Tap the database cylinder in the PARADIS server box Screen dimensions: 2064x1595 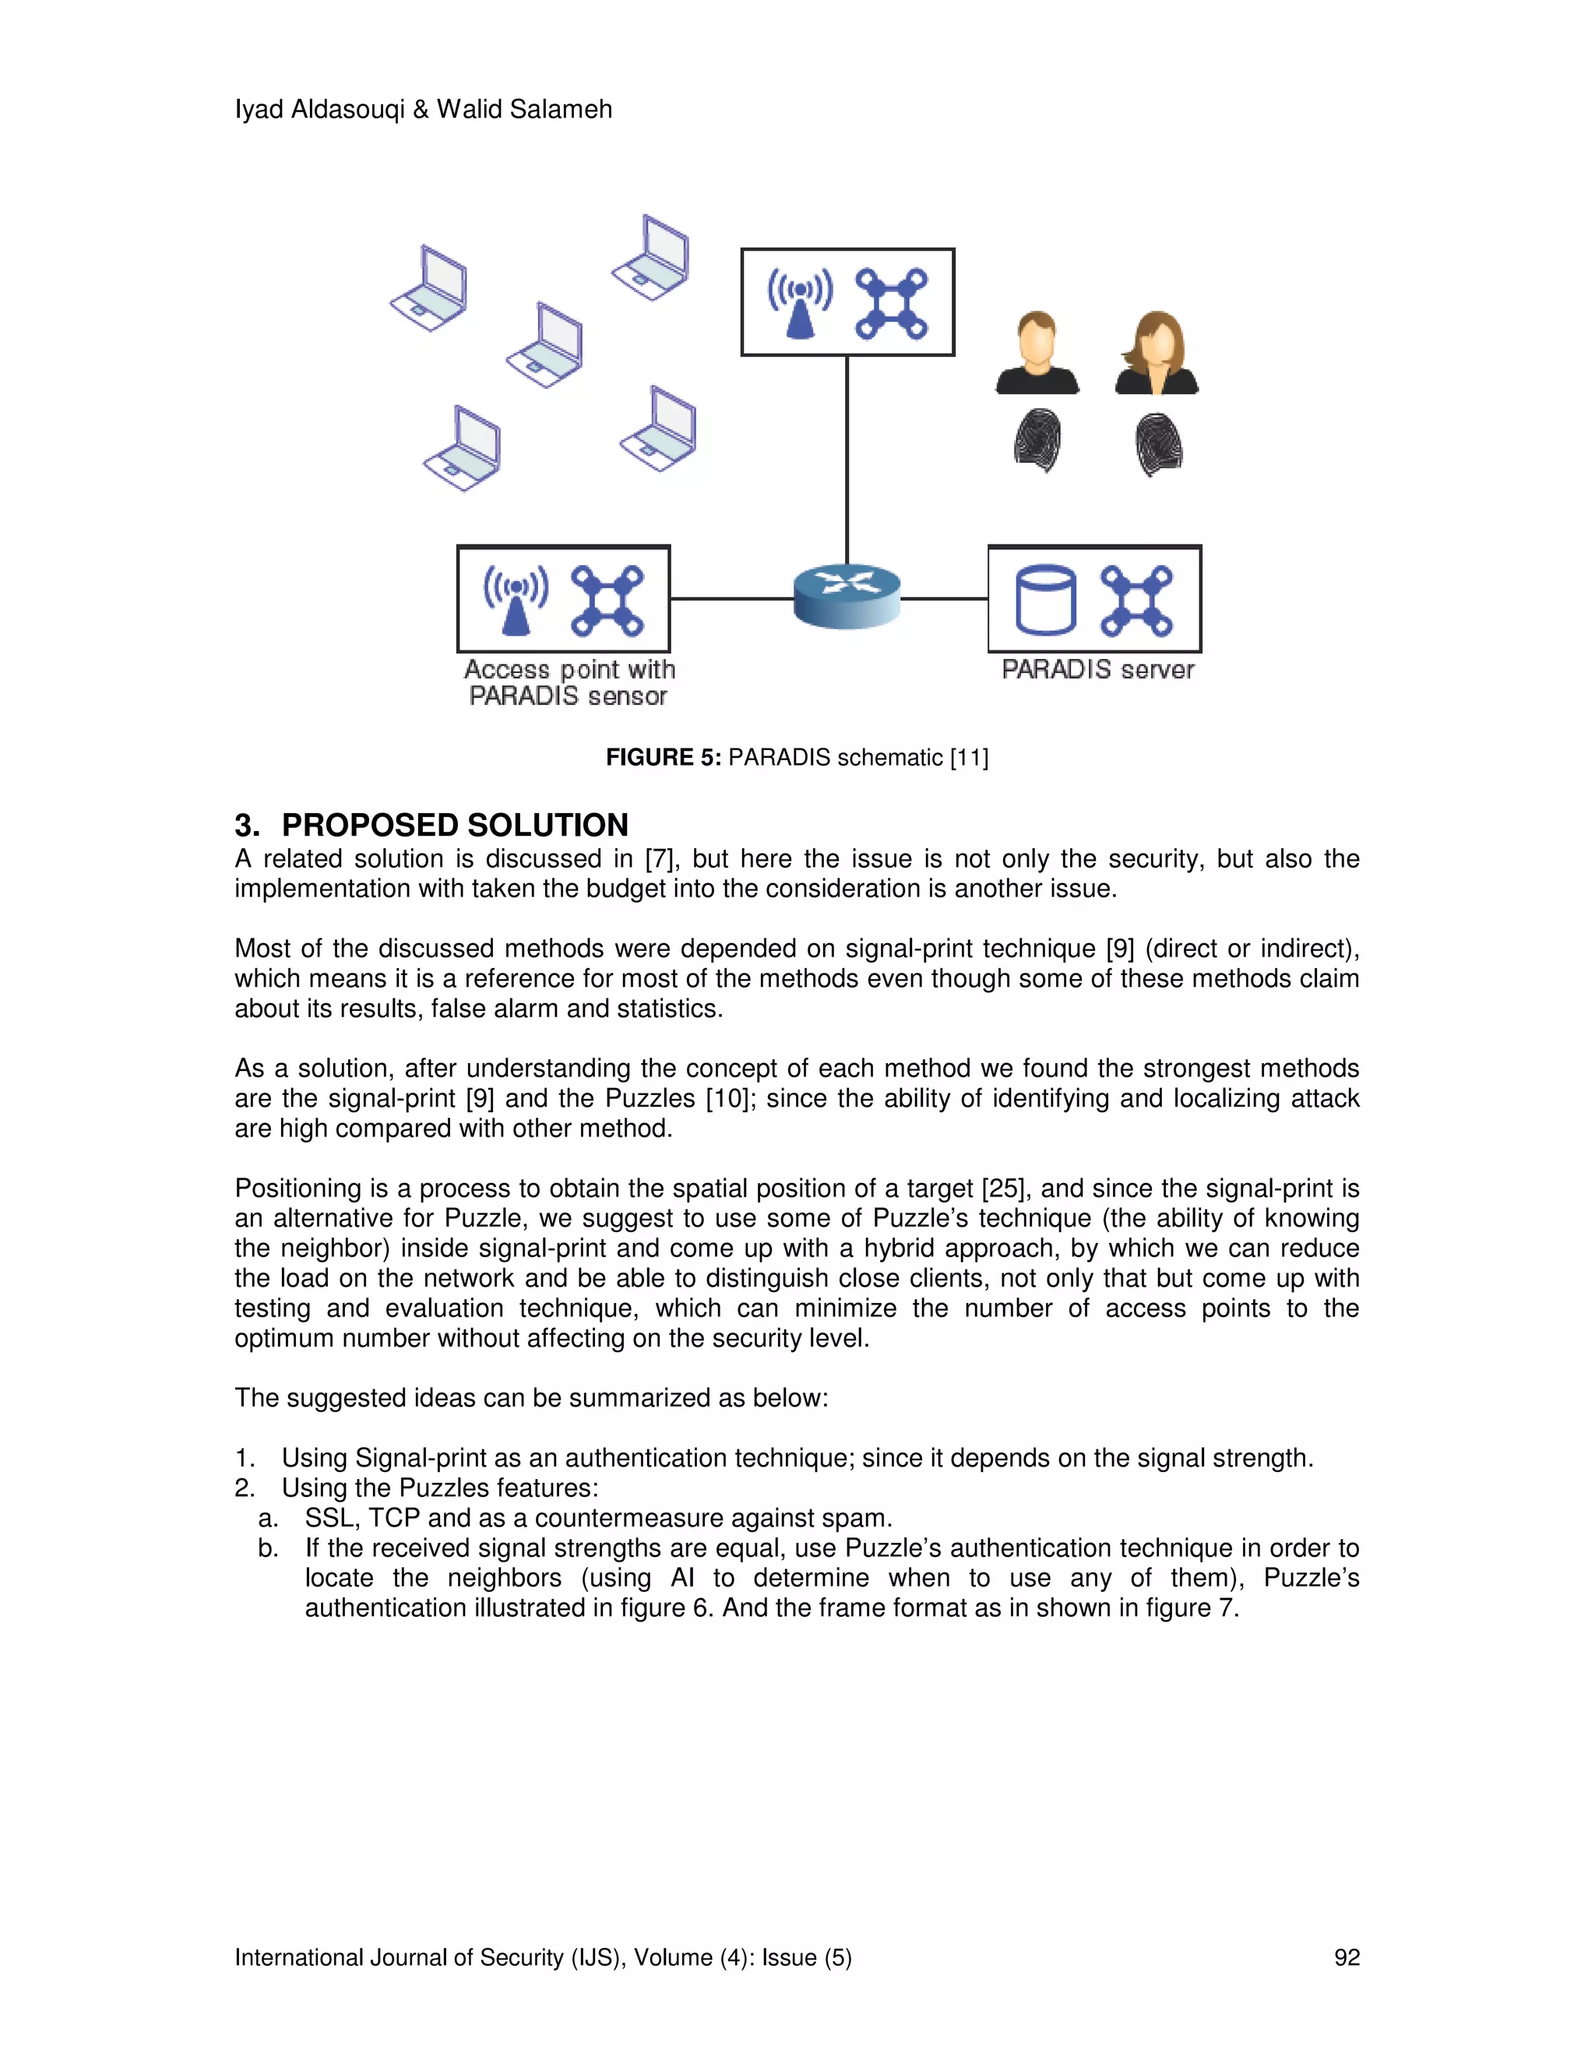point(1045,599)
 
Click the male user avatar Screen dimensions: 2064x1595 point(1037,353)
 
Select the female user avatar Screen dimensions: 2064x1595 point(1157,353)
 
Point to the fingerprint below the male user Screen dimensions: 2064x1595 point(1037,440)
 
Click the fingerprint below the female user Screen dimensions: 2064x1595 point(1158,443)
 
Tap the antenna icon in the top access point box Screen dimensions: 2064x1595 point(799,303)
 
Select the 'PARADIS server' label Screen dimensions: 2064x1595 point(1097,670)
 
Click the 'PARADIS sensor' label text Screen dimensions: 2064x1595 point(568,696)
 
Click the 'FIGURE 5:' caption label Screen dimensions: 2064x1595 point(664,758)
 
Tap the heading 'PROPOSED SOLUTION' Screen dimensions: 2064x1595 point(455,825)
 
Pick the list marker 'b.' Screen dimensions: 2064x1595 point(269,1548)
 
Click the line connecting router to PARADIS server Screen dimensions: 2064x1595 point(944,598)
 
